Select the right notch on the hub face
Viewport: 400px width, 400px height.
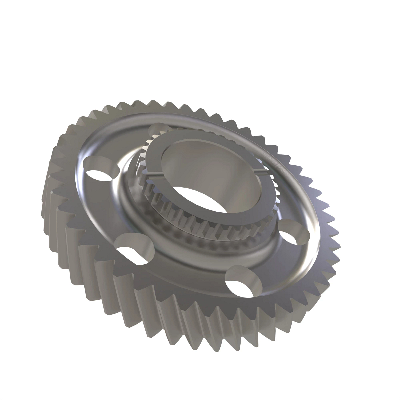(x=263, y=170)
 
